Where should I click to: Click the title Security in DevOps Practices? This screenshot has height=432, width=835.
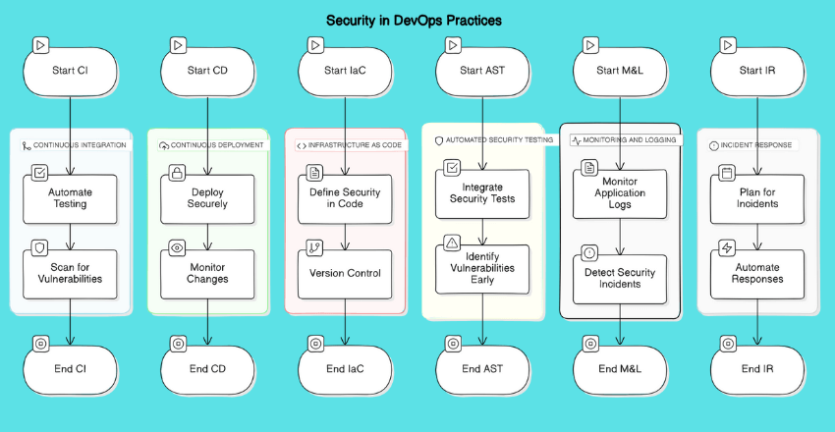coord(414,20)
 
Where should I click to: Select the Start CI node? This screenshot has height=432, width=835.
coord(70,70)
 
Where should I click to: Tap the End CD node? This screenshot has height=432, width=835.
coord(207,369)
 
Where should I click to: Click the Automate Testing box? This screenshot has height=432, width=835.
coord(70,199)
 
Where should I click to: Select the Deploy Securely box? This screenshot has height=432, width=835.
coord(207,199)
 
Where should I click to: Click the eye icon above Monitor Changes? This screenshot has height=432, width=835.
coord(177,248)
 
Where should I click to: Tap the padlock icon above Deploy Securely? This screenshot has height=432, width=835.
coord(177,174)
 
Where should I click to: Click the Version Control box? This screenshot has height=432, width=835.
coord(345,273)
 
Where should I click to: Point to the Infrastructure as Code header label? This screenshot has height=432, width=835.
coord(349,145)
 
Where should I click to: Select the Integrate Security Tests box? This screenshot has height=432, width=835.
coord(482,193)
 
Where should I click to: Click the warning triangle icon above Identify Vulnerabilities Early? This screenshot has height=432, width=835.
coord(452,242)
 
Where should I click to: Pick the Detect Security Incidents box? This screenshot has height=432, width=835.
coord(620,278)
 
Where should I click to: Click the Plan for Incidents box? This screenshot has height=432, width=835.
coord(757,199)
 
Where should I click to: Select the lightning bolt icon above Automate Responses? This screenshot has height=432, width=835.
coord(727,248)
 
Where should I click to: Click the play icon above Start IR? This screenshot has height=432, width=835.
coord(727,45)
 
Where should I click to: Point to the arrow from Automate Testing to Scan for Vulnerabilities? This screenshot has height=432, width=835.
coord(70,236)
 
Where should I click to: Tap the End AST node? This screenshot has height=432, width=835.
coord(482,369)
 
